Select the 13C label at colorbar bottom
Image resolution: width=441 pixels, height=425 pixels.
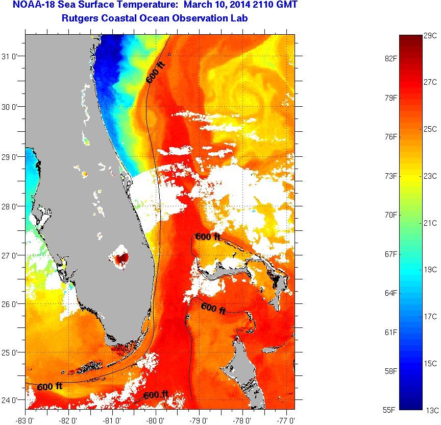click(431, 410)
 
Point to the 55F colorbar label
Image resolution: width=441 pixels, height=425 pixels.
click(390, 410)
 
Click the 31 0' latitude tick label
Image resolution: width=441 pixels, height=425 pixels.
click(12, 57)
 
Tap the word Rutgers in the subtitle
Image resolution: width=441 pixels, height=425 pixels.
click(77, 19)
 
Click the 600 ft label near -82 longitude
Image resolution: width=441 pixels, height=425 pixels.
click(50, 386)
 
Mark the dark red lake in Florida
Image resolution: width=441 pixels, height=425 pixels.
click(121, 258)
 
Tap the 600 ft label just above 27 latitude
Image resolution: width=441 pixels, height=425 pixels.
click(208, 237)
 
